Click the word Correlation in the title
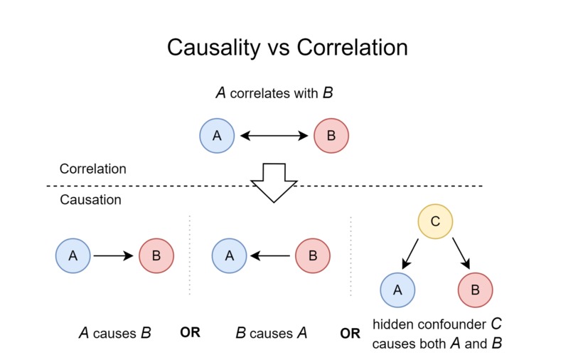353,48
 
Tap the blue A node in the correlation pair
218,135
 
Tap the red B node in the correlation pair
331,135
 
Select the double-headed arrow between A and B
274,135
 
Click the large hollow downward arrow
274,182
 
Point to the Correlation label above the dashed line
92,169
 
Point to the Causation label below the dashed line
90,200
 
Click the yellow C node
435,221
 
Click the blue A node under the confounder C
397,289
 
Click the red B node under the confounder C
475,289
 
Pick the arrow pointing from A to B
114,255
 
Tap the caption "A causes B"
114,332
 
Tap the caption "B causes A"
271,332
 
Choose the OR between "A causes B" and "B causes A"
191,332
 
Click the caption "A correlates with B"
274,92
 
